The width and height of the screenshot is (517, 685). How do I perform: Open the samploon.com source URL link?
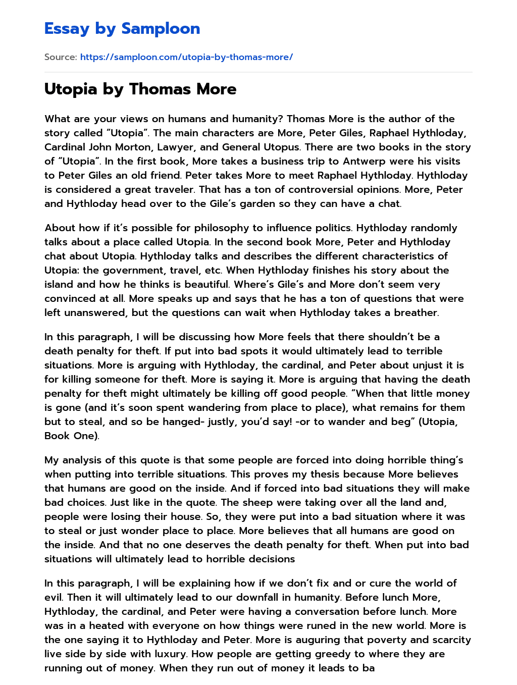tap(186, 57)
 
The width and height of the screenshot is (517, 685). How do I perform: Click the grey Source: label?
tap(61, 57)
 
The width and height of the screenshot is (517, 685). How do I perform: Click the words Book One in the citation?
tap(71, 436)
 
